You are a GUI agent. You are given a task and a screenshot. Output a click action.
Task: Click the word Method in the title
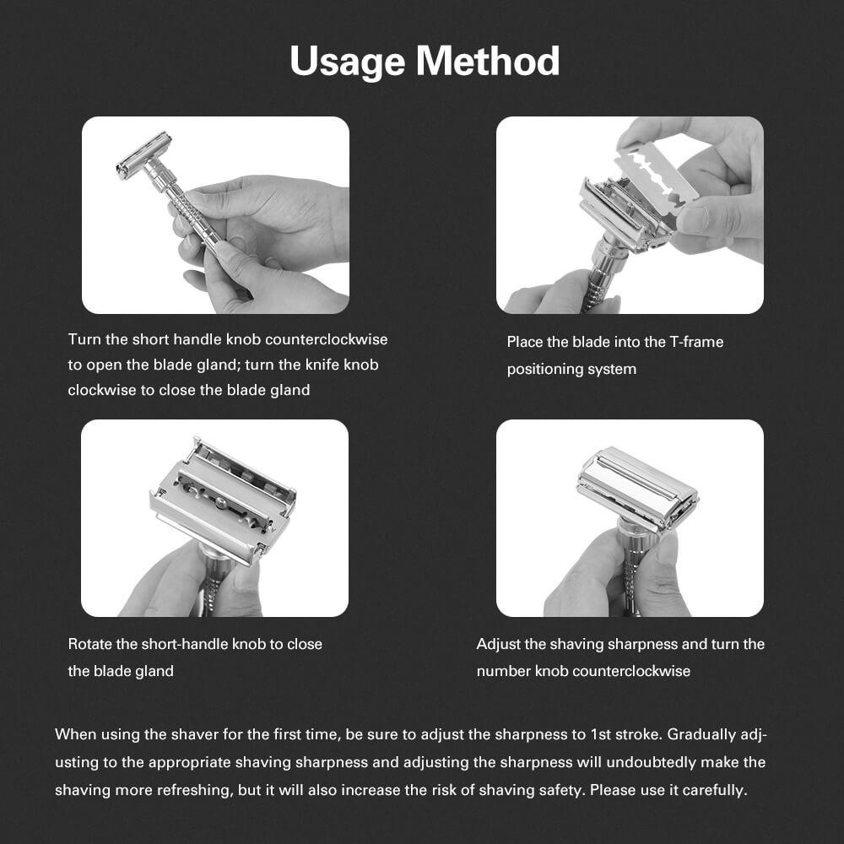(488, 60)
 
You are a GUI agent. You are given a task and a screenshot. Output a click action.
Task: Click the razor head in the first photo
(144, 156)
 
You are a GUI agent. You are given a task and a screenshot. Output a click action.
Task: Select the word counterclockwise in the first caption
(326, 339)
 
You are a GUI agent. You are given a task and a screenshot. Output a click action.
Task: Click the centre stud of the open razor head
(221, 503)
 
